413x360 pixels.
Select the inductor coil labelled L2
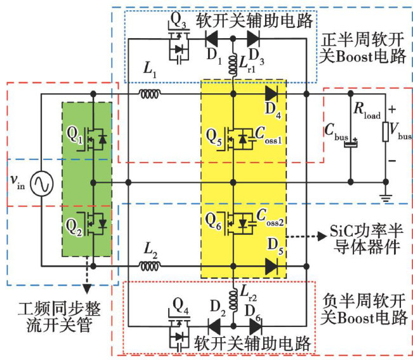(150, 264)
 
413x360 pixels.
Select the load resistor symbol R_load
(385, 133)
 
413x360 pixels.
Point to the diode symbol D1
(210, 38)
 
